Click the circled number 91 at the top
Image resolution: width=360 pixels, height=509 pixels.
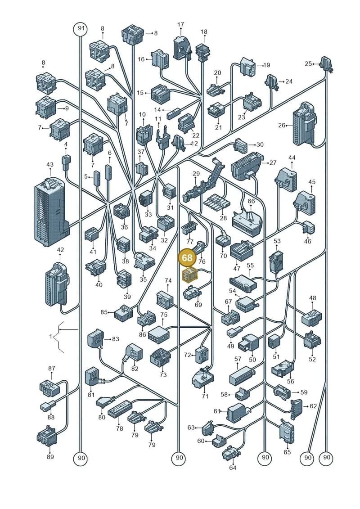81,28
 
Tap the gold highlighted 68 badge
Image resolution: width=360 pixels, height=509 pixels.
187,258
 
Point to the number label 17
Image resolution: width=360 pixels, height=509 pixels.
181,24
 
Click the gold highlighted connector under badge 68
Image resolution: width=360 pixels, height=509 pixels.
190,275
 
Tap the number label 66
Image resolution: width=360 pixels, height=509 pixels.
251,201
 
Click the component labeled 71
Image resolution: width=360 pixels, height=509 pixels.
203,378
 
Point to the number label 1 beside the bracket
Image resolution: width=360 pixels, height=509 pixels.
51,337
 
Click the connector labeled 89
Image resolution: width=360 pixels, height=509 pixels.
48,435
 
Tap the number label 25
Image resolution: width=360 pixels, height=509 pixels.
308,63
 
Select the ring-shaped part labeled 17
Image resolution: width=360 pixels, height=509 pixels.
181,48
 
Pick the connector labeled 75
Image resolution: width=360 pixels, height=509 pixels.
159,333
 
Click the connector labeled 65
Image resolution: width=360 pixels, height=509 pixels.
287,431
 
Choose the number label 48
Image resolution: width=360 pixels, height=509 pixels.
313,298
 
